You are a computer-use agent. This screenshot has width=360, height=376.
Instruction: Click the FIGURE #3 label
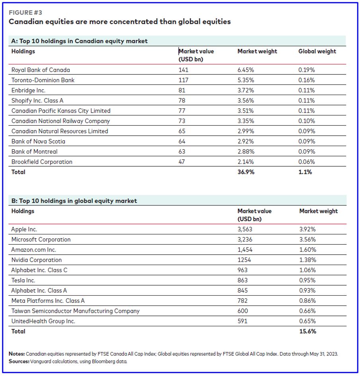(x=25, y=13)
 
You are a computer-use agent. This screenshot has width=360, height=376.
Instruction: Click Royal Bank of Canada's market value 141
(x=183, y=70)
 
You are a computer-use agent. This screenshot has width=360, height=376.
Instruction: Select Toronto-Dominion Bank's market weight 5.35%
(x=245, y=80)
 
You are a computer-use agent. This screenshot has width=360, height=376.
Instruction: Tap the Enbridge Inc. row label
(x=28, y=90)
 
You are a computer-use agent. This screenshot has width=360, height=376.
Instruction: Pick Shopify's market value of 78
(x=182, y=100)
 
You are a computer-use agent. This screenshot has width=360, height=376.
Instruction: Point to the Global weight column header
(x=317, y=51)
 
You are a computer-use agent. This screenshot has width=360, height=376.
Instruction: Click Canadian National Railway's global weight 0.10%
(x=306, y=121)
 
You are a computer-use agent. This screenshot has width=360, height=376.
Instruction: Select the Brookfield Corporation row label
(x=42, y=162)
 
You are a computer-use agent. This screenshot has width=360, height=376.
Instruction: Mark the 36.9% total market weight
(x=246, y=172)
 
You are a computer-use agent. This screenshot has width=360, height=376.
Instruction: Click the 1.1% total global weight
(x=305, y=172)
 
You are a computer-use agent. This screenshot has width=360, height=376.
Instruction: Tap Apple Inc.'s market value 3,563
(x=245, y=229)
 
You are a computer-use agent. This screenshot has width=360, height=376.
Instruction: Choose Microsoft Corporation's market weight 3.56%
(x=307, y=240)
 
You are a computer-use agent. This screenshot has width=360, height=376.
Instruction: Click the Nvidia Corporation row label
(x=37, y=260)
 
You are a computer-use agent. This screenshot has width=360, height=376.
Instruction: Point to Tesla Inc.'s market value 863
(x=242, y=280)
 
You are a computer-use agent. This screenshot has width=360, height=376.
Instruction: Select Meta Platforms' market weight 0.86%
(x=307, y=301)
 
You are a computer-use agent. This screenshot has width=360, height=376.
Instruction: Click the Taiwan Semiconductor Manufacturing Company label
(x=75, y=311)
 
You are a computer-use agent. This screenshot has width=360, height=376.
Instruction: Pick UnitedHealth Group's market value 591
(x=242, y=321)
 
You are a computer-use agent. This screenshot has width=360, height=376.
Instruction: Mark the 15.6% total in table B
(x=307, y=331)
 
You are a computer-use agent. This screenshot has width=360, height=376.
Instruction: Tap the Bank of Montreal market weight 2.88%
(x=245, y=152)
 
